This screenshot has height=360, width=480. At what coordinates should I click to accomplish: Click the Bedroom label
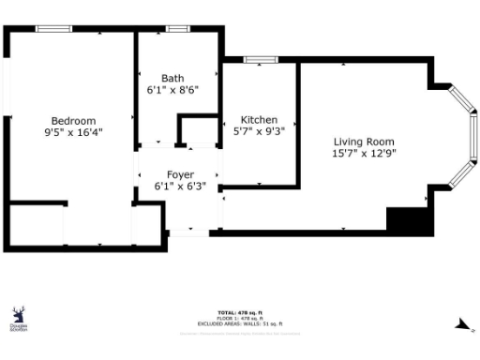pyautogui.click(x=73, y=121)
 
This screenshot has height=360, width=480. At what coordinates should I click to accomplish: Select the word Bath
pyautogui.click(x=172, y=79)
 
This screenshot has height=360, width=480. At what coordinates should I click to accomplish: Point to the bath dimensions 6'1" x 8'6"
pyautogui.click(x=172, y=91)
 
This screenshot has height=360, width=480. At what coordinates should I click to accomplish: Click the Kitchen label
pyautogui.click(x=259, y=120)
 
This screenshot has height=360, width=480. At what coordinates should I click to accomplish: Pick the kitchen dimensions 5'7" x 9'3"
pyautogui.click(x=259, y=132)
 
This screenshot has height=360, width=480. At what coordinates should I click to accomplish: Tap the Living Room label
pyautogui.click(x=363, y=141)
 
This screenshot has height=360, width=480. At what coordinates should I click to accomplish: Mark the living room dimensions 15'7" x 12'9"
pyautogui.click(x=363, y=153)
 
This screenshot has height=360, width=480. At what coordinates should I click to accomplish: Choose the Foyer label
pyautogui.click(x=180, y=175)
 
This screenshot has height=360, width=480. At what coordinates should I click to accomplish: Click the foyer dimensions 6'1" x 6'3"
pyautogui.click(x=180, y=187)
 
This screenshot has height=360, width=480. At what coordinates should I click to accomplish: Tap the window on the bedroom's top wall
pyautogui.click(x=54, y=28)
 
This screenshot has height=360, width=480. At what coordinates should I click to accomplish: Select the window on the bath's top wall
pyautogui.click(x=176, y=28)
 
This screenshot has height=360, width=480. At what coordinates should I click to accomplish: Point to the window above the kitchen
pyautogui.click(x=258, y=60)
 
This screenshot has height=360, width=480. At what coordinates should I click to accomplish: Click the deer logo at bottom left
pyautogui.click(x=18, y=317)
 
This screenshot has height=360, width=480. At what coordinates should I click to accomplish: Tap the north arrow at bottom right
pyautogui.click(x=460, y=325)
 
